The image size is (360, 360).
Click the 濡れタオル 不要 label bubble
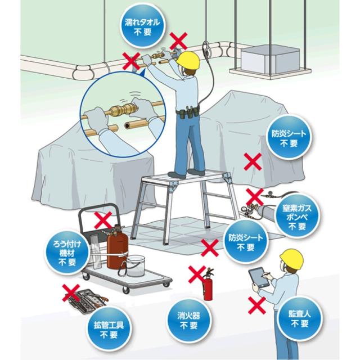pyautogui.click(x=142, y=26)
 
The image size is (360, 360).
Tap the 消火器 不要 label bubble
pyautogui.click(x=189, y=320)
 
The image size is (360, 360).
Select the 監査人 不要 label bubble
pyautogui.click(x=300, y=319)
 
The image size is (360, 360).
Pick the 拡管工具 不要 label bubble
pyautogui.click(x=109, y=329)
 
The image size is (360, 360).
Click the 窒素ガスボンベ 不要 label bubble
pyautogui.click(x=297, y=217)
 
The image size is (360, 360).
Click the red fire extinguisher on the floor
pyautogui.click(x=208, y=284)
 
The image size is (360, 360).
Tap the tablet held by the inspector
pyautogui.click(x=259, y=277)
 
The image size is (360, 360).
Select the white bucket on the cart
pyautogui.click(x=136, y=266)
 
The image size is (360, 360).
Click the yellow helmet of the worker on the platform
pyautogui.click(x=188, y=60)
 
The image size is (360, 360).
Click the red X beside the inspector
pyautogui.click(x=257, y=305)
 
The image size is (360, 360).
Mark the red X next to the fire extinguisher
pyautogui.click(x=197, y=274)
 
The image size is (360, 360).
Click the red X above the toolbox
pyautogui.click(x=71, y=292)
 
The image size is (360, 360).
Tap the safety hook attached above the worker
pyautogui.click(x=206, y=49)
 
